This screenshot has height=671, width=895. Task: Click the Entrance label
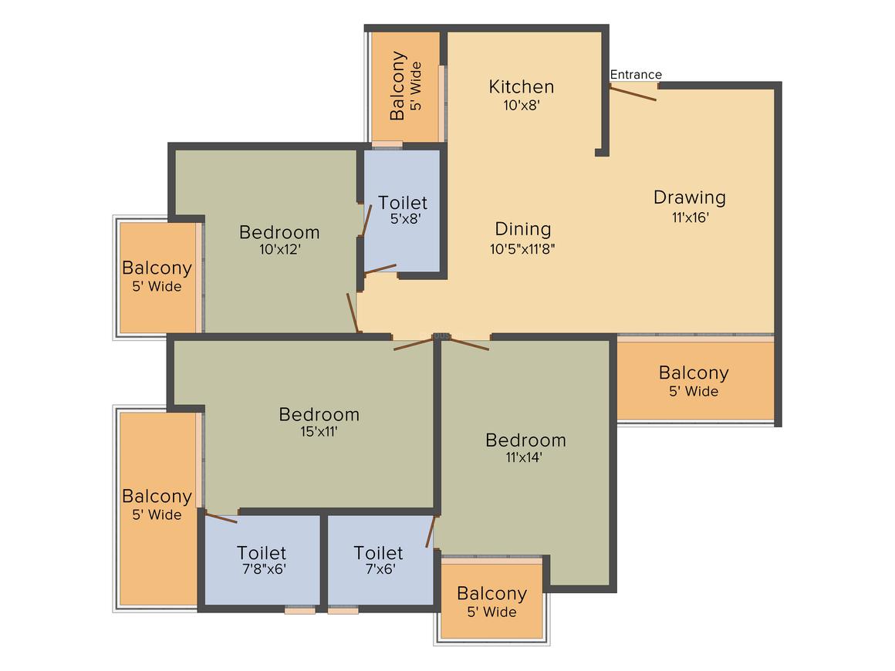(x=636, y=75)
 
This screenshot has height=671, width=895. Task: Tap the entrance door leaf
(x=633, y=93)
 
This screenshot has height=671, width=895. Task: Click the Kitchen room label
(x=522, y=86)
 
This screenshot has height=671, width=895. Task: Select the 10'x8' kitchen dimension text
(x=522, y=106)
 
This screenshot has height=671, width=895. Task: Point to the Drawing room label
(x=690, y=197)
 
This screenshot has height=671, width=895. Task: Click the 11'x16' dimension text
(x=690, y=217)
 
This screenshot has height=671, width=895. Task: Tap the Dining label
(x=523, y=229)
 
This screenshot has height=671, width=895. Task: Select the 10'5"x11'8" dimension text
(x=523, y=248)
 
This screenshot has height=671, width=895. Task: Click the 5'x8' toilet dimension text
(x=404, y=219)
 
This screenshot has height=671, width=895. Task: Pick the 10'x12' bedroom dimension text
(x=279, y=249)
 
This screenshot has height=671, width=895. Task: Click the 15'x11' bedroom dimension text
(x=319, y=432)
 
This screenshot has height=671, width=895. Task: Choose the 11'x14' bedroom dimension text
(x=525, y=457)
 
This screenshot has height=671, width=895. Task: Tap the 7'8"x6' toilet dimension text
(x=262, y=571)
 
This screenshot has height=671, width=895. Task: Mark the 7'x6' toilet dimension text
(x=378, y=571)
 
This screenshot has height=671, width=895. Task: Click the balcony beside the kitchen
(x=406, y=86)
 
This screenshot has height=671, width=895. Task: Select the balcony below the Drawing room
(x=694, y=380)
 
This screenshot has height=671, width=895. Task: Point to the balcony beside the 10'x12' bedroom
(x=157, y=276)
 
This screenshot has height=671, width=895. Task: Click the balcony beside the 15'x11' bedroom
(x=157, y=504)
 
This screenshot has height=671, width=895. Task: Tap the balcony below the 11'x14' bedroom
(x=491, y=602)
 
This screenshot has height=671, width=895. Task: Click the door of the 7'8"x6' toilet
(x=221, y=518)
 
